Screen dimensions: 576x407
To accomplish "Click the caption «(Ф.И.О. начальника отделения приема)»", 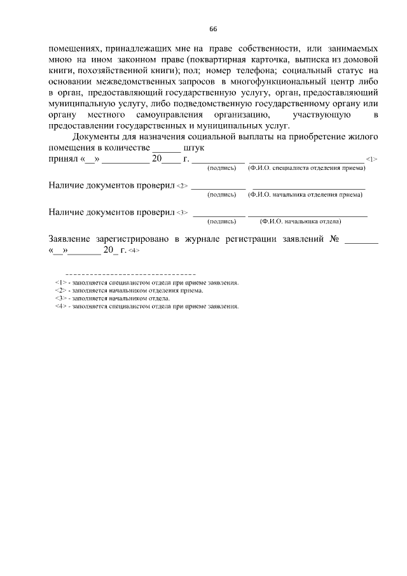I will [307, 195].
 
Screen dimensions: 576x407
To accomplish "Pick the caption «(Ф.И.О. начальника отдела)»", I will [300, 221].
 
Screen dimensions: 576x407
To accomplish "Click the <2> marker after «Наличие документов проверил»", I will [182, 186].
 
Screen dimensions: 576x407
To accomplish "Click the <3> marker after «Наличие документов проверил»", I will [182, 213].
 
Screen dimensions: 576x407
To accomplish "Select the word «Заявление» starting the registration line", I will [70, 239].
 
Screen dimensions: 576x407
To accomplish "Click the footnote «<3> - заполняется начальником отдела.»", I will [113, 298].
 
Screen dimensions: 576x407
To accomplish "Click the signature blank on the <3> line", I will [219, 214].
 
